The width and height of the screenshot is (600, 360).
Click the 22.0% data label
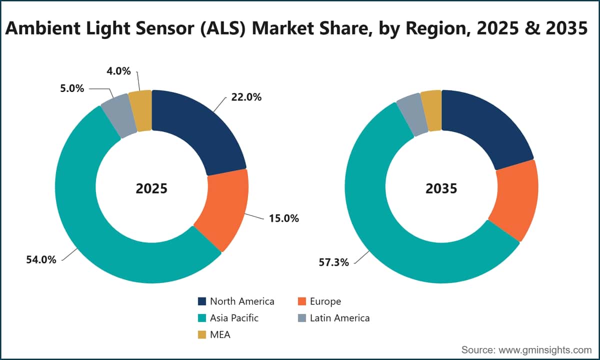tap(246, 97)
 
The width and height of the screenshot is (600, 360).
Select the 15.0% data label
tap(283, 218)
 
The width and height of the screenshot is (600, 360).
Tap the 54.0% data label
tap(41, 259)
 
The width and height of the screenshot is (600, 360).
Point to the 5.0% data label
tap(72, 88)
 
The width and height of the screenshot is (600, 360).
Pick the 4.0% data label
tap(118, 71)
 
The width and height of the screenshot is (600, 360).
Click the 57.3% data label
tap(334, 262)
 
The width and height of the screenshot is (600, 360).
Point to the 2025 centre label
tap(151, 188)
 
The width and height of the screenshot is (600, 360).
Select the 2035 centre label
tap(441, 188)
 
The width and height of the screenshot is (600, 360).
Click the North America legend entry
tap(236, 301)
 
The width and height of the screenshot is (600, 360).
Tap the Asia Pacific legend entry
tap(228, 318)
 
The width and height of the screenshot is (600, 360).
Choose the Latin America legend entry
tap(334, 318)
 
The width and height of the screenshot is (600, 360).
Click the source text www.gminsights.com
tap(545, 350)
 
